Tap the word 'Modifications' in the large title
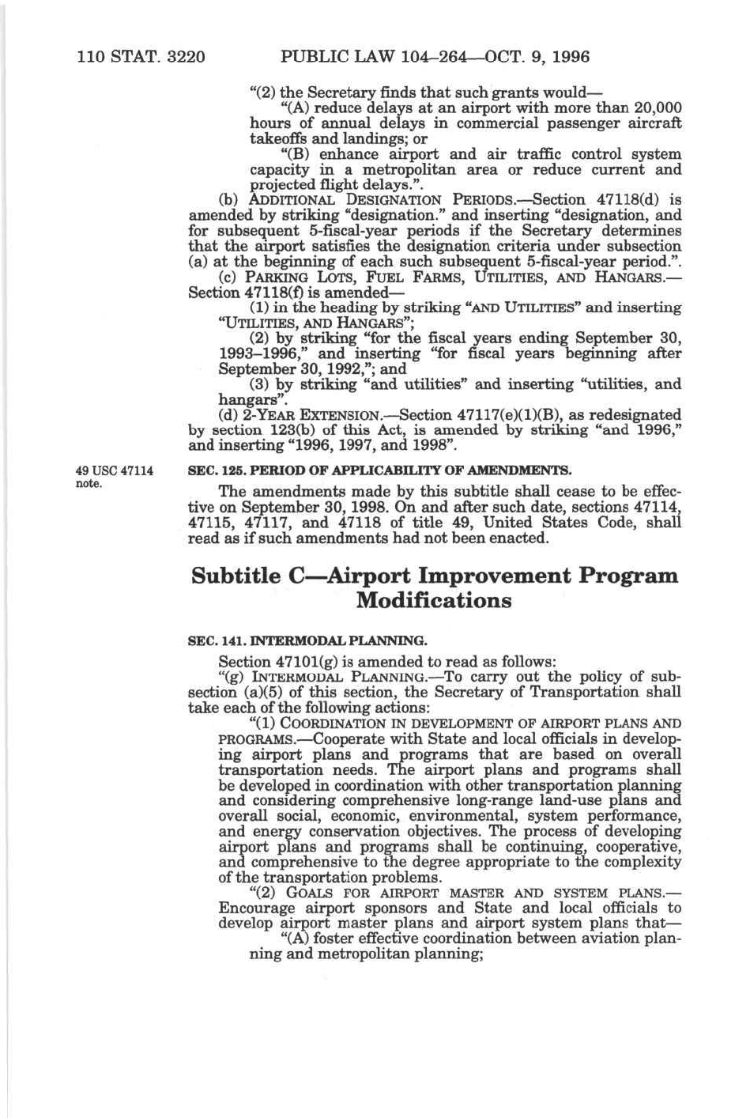tap(434, 600)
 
